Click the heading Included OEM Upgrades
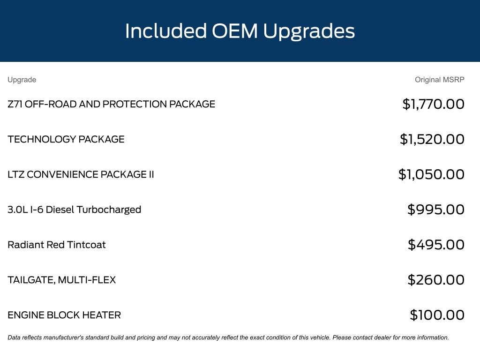click(240, 31)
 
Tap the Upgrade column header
click(22, 80)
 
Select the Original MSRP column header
click(440, 80)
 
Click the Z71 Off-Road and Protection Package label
click(112, 104)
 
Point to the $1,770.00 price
click(434, 104)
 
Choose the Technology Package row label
click(66, 139)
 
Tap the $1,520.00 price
click(432, 139)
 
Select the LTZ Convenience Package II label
click(81, 174)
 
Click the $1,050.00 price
click(431, 174)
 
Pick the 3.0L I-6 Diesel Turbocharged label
click(75, 210)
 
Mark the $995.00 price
click(436, 210)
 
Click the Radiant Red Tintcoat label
click(57, 245)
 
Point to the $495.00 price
click(436, 245)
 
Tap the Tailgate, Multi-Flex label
click(62, 280)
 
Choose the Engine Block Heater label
click(64, 315)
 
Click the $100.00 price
click(437, 315)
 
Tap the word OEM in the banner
click(235, 31)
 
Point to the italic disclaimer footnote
click(228, 337)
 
